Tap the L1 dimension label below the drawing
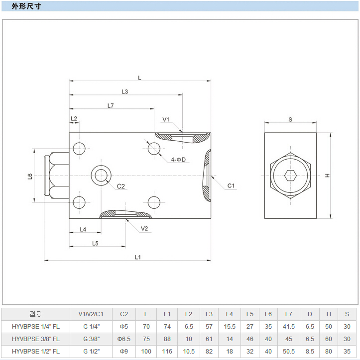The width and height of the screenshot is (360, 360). click(x=138, y=257)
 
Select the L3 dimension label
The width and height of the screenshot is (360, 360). click(x=125, y=91)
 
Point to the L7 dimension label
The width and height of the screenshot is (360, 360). click(x=111, y=105)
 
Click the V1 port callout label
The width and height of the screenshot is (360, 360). click(x=166, y=119)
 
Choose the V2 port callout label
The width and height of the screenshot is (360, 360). click(x=144, y=229)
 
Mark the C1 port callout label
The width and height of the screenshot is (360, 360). click(x=231, y=186)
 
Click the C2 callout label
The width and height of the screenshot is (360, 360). click(x=121, y=186)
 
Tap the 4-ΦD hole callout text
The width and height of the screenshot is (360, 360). click(x=178, y=160)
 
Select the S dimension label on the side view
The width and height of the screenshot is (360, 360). click(x=290, y=119)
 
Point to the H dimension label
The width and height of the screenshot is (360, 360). click(x=327, y=176)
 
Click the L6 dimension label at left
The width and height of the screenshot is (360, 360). click(x=30, y=176)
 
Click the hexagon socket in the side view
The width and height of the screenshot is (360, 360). click(x=290, y=176)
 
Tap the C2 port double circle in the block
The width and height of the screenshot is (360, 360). click(x=102, y=175)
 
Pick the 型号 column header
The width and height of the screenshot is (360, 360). click(x=35, y=314)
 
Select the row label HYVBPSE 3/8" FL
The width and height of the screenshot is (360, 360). click(x=35, y=339)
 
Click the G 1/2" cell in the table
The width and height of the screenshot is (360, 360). click(x=92, y=351)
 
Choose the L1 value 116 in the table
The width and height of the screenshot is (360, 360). click(x=167, y=351)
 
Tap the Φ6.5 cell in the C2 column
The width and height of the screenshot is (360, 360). click(x=124, y=339)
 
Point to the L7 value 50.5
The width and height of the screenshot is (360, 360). click(x=289, y=351)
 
